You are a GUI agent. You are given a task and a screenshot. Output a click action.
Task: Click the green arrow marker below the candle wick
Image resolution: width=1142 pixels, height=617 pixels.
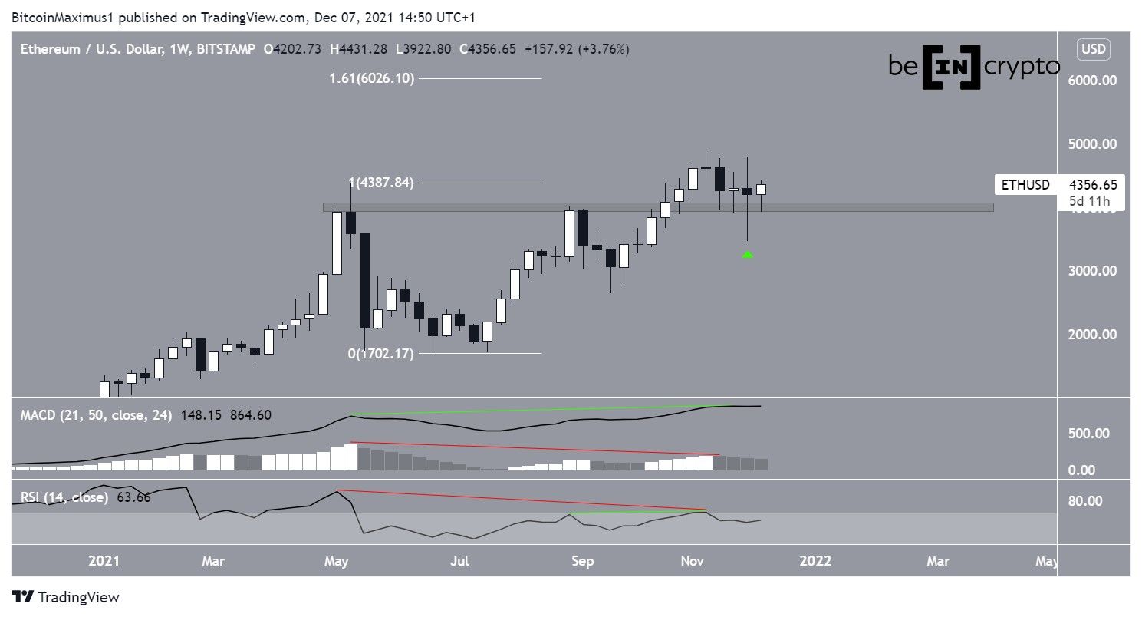(748, 255)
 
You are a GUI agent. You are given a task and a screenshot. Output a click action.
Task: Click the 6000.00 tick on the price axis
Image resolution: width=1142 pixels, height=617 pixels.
(1092, 80)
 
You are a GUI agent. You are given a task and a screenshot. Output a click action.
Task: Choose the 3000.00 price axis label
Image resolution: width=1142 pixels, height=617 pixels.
(1092, 270)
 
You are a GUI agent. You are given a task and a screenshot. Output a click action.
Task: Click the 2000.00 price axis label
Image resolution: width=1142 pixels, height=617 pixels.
(1092, 334)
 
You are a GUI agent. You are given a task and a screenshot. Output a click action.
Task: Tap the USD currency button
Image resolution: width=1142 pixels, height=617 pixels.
(1093, 49)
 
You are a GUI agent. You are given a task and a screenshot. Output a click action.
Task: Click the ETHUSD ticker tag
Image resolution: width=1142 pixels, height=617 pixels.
(1024, 185)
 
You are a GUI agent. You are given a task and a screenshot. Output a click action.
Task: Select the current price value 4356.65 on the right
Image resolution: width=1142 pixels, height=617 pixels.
(1092, 185)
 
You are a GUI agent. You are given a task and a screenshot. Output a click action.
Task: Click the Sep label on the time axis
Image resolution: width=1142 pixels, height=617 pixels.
(582, 561)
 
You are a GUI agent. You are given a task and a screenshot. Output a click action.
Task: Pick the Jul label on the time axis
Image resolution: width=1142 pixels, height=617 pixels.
(459, 561)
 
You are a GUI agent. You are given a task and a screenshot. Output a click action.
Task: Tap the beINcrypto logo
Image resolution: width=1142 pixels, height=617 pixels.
(974, 68)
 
